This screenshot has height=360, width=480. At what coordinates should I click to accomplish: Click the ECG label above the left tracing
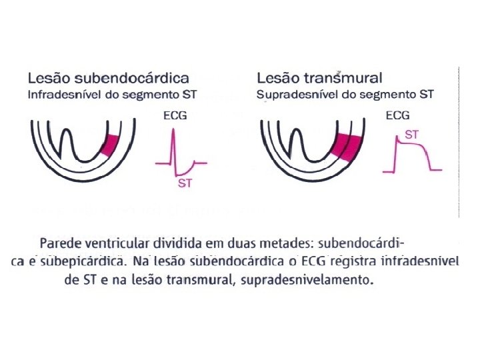coord(175,115)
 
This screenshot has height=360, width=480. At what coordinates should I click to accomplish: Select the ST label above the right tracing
coord(412,135)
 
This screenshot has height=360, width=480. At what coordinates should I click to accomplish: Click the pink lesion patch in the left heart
coord(110,144)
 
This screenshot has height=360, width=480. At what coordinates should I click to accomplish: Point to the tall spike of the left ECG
coord(174,143)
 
